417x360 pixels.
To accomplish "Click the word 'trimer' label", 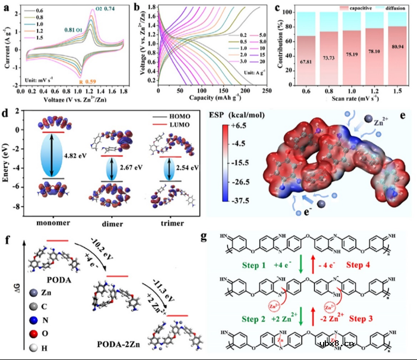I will [x=175, y=223].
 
